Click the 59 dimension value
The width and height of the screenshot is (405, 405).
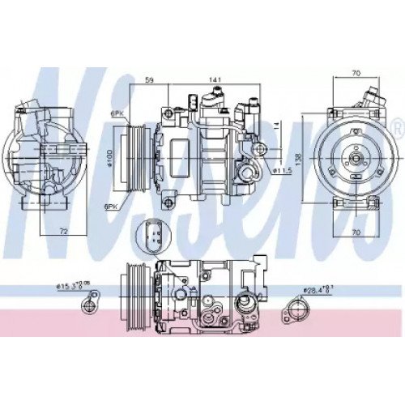click(x=150, y=79)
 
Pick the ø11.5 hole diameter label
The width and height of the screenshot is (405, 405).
click(x=281, y=171)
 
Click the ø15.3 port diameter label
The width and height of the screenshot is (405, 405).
click(x=70, y=285)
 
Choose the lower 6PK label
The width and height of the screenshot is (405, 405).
click(x=111, y=207)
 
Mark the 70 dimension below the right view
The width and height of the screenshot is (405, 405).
click(x=355, y=231)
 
